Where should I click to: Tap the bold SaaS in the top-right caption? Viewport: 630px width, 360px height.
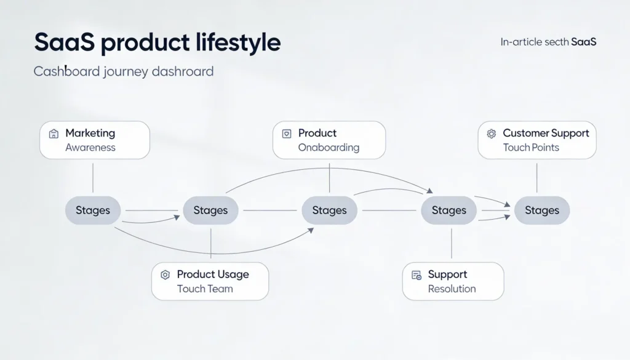pos(583,42)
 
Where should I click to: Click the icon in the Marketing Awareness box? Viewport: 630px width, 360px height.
pos(54,134)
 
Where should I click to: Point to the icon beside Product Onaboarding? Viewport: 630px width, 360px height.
pos(287,134)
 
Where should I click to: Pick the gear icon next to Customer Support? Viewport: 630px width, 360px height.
pos(491,134)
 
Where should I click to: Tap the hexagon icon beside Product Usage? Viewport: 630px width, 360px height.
pos(165,275)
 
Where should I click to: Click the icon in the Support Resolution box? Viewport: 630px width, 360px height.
pos(416,275)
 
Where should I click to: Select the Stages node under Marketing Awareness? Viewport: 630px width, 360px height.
pos(93,210)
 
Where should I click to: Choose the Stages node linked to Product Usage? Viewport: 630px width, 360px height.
pos(210,210)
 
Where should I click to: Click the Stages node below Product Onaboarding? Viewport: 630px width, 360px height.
pos(329,210)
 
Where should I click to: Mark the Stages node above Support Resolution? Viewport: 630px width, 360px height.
pos(449,210)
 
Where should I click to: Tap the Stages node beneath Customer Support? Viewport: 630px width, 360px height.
pos(542,210)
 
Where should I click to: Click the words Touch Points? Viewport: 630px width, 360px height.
pos(530,148)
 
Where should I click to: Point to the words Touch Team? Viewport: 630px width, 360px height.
pos(205,289)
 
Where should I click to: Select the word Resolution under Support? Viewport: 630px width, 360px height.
pos(452,289)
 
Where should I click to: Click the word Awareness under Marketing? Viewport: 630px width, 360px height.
pos(90,148)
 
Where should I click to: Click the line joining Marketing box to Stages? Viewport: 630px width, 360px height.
pos(93,178)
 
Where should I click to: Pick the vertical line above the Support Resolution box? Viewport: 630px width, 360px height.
pos(452,243)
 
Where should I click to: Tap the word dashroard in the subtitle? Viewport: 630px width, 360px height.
pos(183,71)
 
